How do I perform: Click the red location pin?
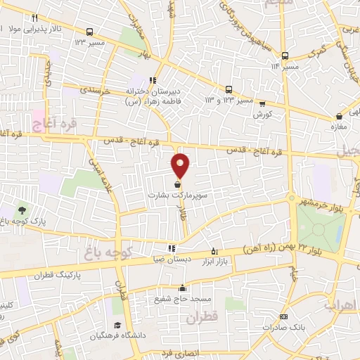tap(181, 165)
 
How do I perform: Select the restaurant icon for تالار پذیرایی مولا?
tap(33, 17)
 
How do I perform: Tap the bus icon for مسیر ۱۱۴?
tap(285, 56)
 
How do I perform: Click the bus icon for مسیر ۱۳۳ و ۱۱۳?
tap(229, 89)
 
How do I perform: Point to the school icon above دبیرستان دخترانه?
tap(153, 80)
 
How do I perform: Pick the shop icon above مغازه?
tap(340, 116)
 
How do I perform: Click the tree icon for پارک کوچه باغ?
tap(22, 210)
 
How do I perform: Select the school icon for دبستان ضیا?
tap(172, 248)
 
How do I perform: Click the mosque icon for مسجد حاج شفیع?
tap(182, 288)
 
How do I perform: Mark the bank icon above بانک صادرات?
tap(283, 317)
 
